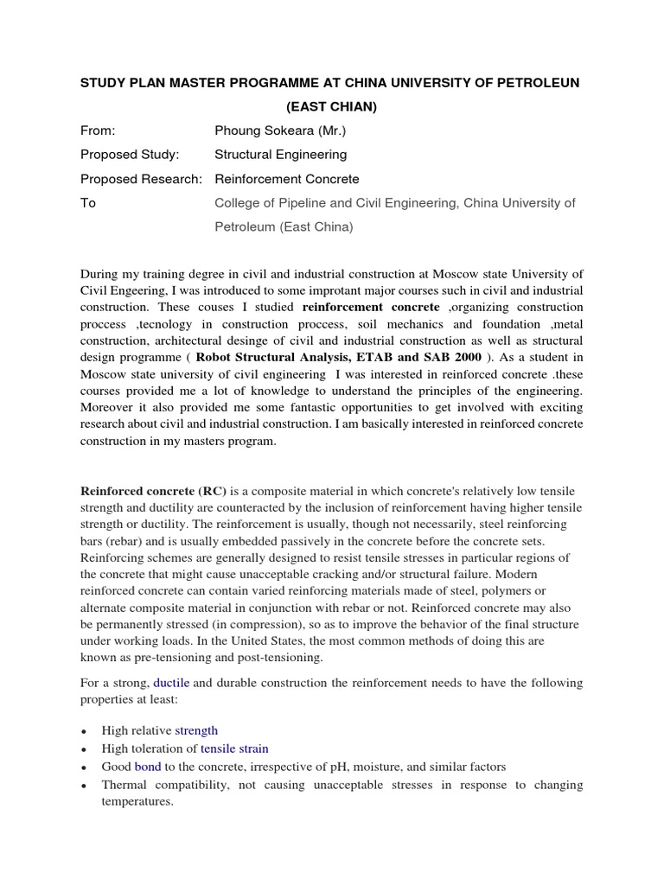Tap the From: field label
click(x=98, y=131)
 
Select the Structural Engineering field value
click(x=280, y=155)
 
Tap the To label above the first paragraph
click(x=88, y=203)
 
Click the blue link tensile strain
click(x=233, y=748)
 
